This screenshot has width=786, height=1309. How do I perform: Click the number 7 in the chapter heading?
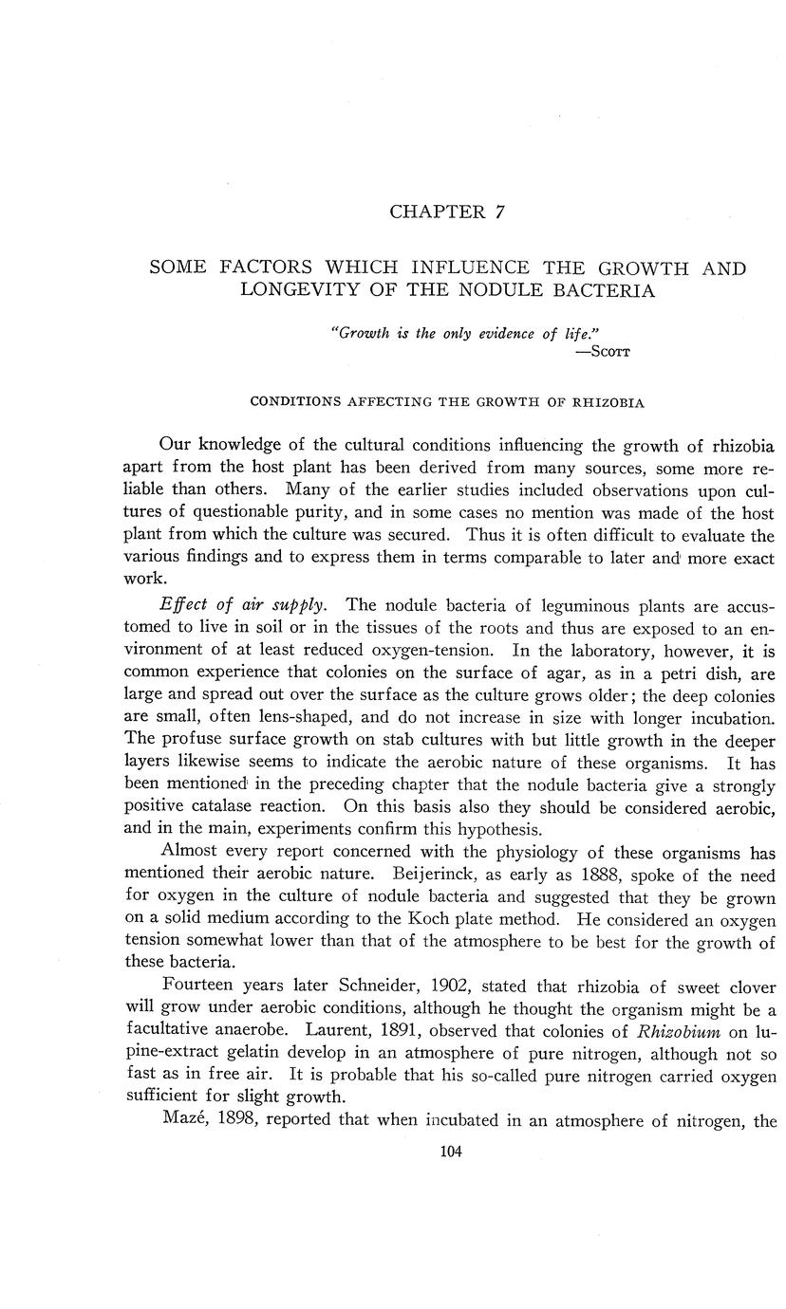click(x=499, y=212)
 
